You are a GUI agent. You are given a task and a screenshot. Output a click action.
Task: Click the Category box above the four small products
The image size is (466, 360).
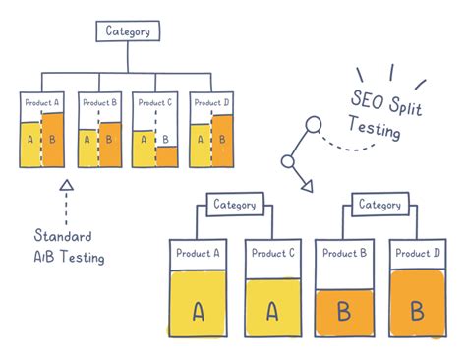128,30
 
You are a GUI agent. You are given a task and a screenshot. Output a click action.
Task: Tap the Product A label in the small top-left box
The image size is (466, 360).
42,101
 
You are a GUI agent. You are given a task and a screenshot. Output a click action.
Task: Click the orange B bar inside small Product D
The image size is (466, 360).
222,140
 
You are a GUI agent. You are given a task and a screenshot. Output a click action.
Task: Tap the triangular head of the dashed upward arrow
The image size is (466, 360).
66,184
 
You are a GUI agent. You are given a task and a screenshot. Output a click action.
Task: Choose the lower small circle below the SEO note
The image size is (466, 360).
289,161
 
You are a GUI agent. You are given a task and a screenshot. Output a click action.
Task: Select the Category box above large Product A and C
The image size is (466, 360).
234,205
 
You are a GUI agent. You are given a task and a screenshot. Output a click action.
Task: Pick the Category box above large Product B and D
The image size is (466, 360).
379,205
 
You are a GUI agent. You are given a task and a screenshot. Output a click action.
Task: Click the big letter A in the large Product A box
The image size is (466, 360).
199,312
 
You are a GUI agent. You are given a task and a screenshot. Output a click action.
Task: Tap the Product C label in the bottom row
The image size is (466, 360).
271,253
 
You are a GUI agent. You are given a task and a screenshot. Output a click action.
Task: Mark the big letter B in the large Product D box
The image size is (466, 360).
416,312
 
